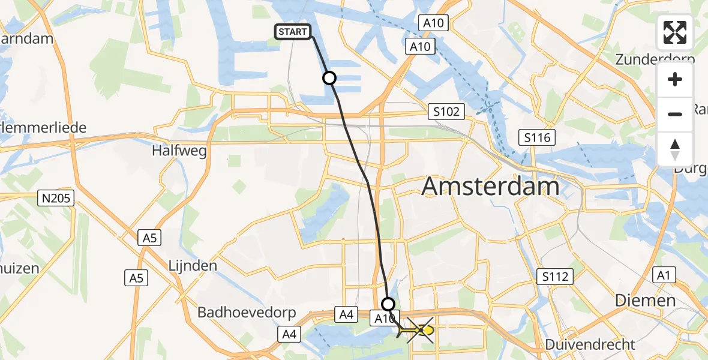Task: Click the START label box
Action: (293, 32)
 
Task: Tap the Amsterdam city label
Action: (490, 187)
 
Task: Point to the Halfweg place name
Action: (180, 151)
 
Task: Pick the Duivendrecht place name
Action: (590, 344)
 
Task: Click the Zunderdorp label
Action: (655, 59)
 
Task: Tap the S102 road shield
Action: (447, 111)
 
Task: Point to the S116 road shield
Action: (537, 137)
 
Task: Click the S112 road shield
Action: (555, 277)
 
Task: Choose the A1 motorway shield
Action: (663, 275)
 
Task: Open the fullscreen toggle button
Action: (675, 32)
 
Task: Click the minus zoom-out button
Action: (675, 114)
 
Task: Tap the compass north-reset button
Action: (675, 149)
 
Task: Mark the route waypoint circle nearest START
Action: (329, 78)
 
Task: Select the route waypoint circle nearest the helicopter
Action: (388, 304)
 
